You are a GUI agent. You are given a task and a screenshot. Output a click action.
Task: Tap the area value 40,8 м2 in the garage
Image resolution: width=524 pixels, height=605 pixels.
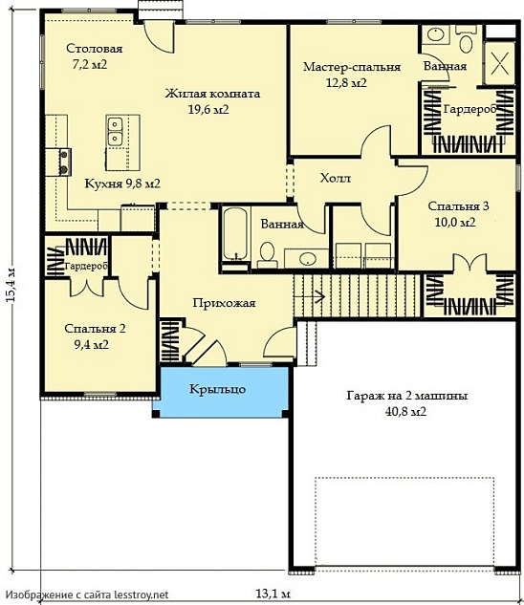pyautogui.click(x=405, y=411)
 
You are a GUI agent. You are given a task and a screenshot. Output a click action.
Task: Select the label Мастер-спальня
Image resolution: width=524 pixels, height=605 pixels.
pyautogui.click(x=352, y=67)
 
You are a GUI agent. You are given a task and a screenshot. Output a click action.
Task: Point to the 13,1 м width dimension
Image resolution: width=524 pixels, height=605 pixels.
pyautogui.click(x=273, y=593)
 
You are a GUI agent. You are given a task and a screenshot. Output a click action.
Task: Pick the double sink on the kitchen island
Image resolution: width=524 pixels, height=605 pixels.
pyautogui.click(x=115, y=131)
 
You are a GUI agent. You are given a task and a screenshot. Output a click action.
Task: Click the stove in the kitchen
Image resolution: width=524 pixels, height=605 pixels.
pyautogui.click(x=64, y=162)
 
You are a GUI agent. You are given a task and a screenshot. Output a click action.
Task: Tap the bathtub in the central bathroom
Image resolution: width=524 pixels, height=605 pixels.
pyautogui.click(x=235, y=234)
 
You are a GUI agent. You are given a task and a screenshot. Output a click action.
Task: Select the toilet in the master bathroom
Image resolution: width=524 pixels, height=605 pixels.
pyautogui.click(x=466, y=40)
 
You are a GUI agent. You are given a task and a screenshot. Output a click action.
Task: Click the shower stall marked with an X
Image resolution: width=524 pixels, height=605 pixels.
pyautogui.click(x=500, y=63)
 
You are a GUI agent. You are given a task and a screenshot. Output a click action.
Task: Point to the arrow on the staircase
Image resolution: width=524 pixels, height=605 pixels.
pyautogui.click(x=309, y=296)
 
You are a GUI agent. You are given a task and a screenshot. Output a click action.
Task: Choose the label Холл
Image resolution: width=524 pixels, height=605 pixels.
pyautogui.click(x=336, y=179)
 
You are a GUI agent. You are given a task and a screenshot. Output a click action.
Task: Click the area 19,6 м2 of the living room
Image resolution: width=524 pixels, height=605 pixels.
pyautogui.click(x=208, y=110)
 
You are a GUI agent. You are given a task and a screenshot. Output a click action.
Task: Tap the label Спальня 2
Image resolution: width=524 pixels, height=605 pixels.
pyautogui.click(x=95, y=329)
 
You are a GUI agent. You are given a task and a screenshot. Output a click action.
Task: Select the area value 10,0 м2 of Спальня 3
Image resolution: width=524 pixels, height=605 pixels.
pyautogui.click(x=455, y=223)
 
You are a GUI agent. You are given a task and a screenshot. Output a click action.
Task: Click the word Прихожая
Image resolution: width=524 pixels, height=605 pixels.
pyautogui.click(x=224, y=303)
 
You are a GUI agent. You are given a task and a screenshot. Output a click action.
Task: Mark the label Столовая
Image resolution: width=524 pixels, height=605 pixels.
pyautogui.click(x=95, y=49)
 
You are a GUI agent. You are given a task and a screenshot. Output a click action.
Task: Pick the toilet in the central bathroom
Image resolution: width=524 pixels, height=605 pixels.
pyautogui.click(x=267, y=255)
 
